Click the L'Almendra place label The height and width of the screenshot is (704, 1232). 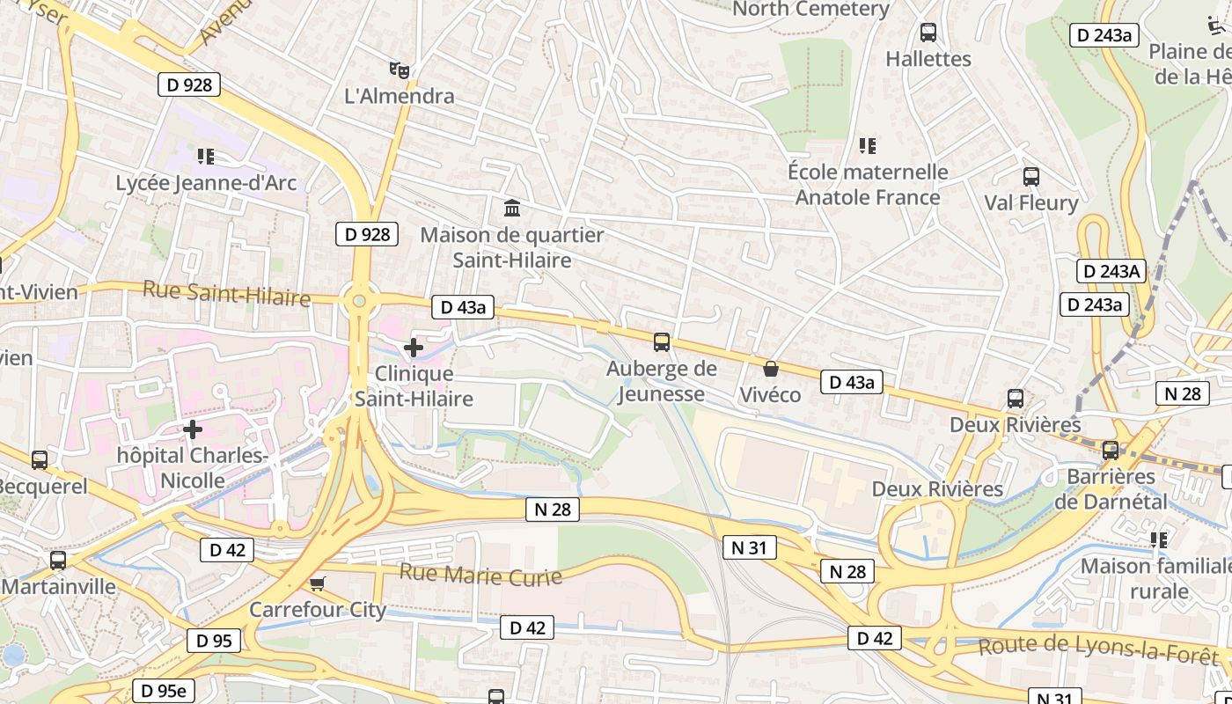(x=400, y=96)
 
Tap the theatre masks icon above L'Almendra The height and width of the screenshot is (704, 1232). (x=400, y=70)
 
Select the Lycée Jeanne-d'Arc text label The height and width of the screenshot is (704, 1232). (x=207, y=183)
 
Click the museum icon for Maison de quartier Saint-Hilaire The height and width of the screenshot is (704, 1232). (x=512, y=209)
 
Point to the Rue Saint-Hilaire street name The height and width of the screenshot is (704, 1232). (x=227, y=293)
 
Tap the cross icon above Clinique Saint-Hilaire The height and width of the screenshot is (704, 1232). (x=414, y=348)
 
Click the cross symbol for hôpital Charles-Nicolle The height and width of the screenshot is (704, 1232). (x=193, y=429)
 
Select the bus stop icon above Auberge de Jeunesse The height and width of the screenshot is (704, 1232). (x=662, y=342)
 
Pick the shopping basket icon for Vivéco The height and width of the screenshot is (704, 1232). (x=771, y=369)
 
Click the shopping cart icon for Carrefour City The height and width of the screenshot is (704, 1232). (x=318, y=583)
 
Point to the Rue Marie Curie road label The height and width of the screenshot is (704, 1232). (x=480, y=575)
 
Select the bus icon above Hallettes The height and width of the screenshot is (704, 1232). (x=928, y=33)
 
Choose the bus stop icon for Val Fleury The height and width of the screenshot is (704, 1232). (x=1031, y=177)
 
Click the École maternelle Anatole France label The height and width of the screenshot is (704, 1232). (x=868, y=185)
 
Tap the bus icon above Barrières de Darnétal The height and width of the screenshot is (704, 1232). (x=1111, y=451)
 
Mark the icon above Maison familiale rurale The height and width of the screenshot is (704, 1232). (x=1159, y=539)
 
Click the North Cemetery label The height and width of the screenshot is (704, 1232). (x=810, y=9)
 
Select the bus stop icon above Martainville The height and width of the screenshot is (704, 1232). (x=58, y=560)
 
